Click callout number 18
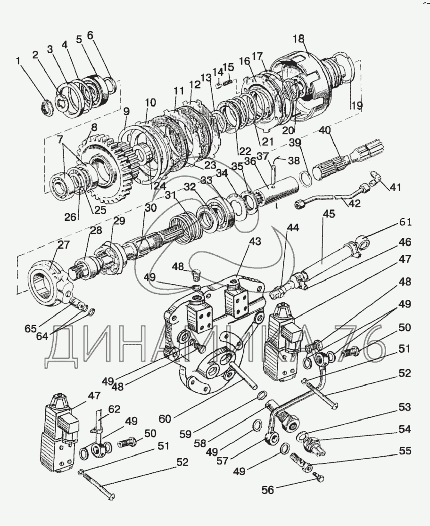tap(298, 39)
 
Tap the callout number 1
tap(18, 61)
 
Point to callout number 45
tap(329, 214)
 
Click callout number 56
tap(268, 490)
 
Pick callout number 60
tap(165, 419)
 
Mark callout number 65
tap(30, 328)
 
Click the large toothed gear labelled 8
tap(101, 168)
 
